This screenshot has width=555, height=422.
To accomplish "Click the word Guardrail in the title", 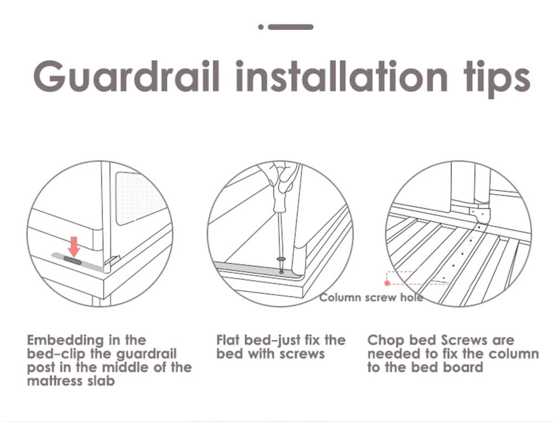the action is pyautogui.click(x=127, y=76).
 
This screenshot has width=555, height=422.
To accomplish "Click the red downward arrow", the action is pyautogui.click(x=74, y=247).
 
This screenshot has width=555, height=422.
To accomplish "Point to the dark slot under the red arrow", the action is pyautogui.click(x=73, y=261).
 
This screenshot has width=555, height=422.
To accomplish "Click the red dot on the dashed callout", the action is pyautogui.click(x=387, y=283).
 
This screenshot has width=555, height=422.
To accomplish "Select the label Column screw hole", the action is pyautogui.click(x=371, y=297).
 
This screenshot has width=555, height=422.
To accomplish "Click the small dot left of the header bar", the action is pyautogui.click(x=261, y=27).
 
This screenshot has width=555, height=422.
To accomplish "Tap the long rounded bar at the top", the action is pyautogui.click(x=291, y=27).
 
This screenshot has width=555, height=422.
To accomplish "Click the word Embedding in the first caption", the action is pyautogui.click(x=66, y=341).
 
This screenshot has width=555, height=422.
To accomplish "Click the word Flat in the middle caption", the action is pyautogui.click(x=228, y=340).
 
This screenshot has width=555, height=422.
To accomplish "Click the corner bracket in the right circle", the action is pyautogui.click(x=480, y=214).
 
